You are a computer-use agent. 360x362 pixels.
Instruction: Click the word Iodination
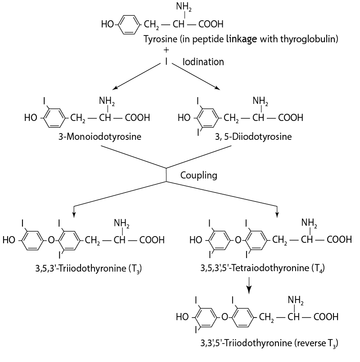[x=203, y=62]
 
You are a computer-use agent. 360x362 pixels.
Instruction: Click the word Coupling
[x=198, y=175]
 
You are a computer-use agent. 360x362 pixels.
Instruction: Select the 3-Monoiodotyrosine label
[x=99, y=136]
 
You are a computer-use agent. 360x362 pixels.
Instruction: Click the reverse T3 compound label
[x=269, y=344]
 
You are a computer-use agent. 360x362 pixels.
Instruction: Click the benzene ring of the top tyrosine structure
[x=129, y=24]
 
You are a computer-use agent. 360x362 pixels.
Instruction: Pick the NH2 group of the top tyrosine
[x=183, y=6]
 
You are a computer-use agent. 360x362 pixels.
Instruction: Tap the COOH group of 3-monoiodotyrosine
[x=138, y=118]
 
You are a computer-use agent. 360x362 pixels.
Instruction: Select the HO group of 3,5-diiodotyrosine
[x=184, y=118]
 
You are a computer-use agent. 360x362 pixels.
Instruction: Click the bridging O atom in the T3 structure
[x=52, y=240]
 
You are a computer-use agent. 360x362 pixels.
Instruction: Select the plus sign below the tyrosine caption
[x=166, y=50]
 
